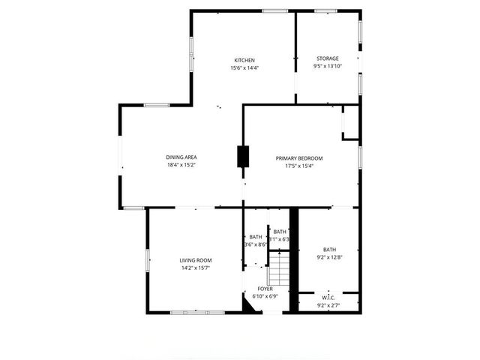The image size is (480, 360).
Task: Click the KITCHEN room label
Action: (244, 60)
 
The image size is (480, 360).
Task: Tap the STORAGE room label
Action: (327, 58)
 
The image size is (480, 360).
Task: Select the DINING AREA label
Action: (181, 157)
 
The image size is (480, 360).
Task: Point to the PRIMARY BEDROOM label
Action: (298, 158)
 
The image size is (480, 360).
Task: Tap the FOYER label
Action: (265, 289)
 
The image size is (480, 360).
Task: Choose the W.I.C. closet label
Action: (329, 297)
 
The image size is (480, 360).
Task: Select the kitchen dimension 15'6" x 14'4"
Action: (244, 68)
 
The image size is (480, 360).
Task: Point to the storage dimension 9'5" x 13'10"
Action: (327, 67)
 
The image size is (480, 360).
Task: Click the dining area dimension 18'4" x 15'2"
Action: (181, 165)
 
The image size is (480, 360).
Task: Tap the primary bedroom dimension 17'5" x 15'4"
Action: (298, 166)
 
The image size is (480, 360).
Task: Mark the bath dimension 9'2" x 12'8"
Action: (329, 257)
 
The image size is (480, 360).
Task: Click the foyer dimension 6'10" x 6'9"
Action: (265, 297)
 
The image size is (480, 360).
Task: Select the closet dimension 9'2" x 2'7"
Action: (329, 305)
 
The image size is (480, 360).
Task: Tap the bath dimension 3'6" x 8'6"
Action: (256, 244)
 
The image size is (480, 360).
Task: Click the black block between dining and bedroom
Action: (242, 156)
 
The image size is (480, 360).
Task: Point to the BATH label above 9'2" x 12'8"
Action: (329, 249)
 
